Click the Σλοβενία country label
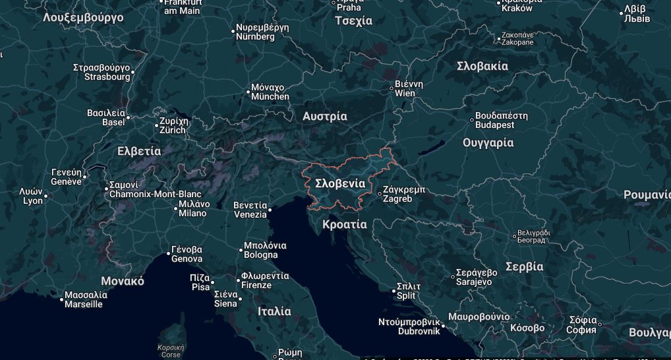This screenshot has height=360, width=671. pos(340,183)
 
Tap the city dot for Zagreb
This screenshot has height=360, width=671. pos(379,194)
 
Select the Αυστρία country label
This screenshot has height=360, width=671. pos(325,117)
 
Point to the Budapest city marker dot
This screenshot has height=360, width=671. pos(472,120)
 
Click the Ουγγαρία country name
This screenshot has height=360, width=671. pos(488,142)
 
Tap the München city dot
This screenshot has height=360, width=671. pos(248,92)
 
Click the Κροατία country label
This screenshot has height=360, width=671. pos(345,224)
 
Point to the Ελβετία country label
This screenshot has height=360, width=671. pos(138,151)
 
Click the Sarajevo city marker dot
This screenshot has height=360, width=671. pos(454,277)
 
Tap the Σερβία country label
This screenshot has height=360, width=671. pos(524,266)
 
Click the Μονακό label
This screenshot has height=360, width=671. pos(122,281)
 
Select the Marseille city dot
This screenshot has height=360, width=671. pos(62,300)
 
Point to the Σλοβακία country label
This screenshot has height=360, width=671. pos(482,66)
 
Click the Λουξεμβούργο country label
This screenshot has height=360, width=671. pos(83,17)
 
